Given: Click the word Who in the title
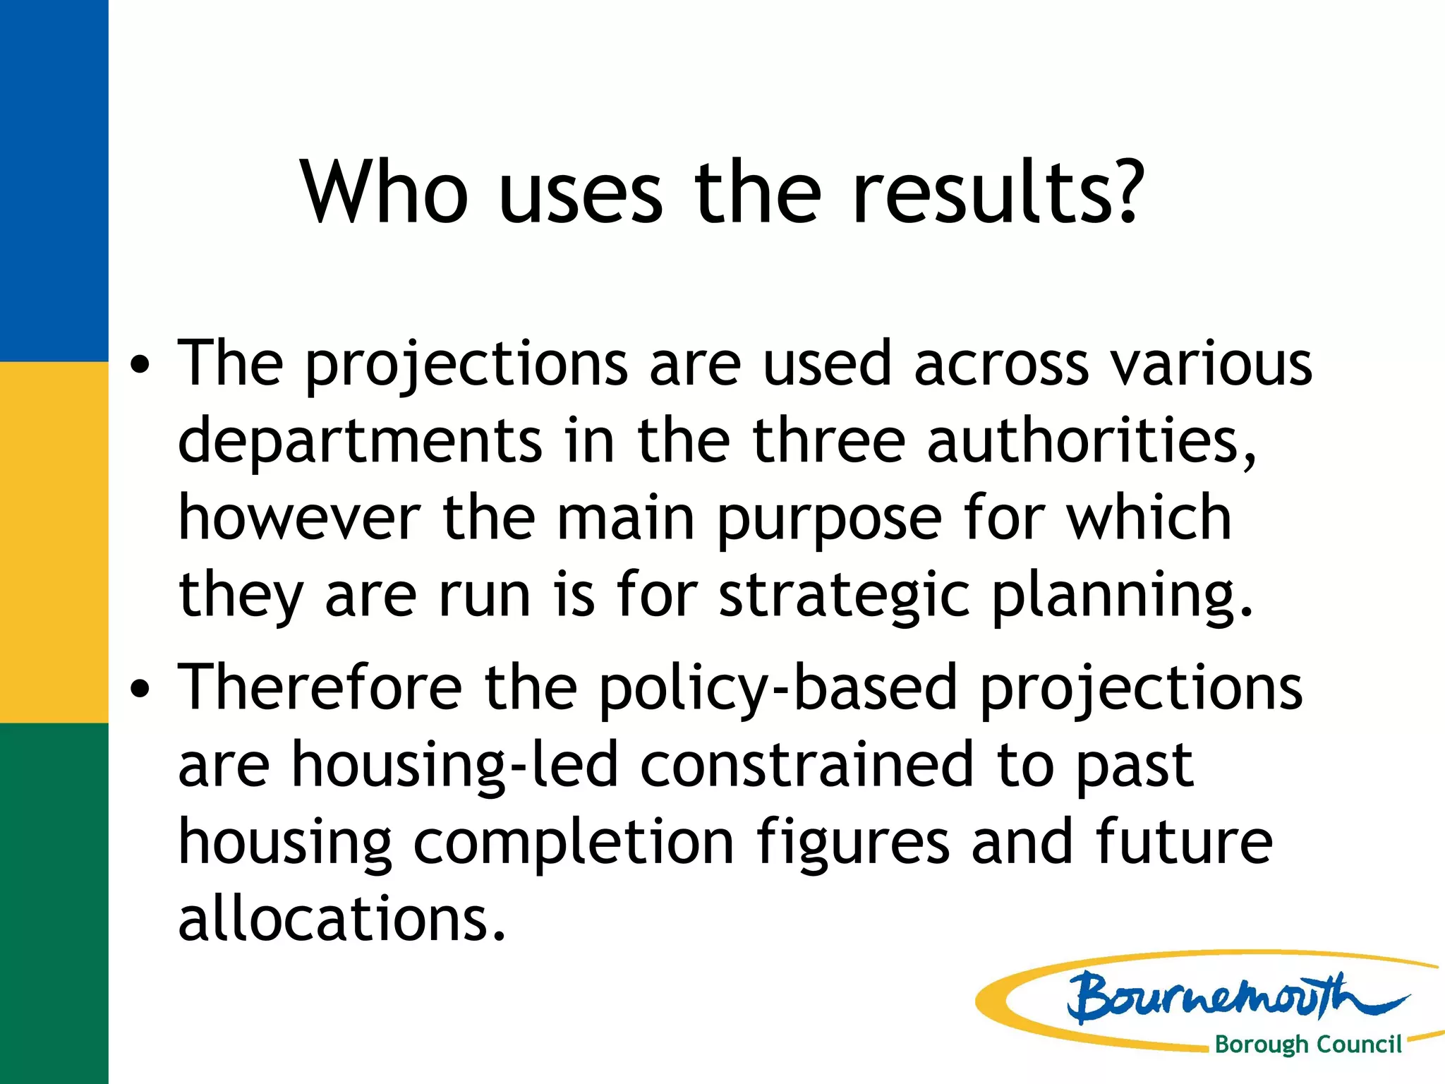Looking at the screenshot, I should (385, 192).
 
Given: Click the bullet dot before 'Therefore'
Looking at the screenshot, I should (140, 689).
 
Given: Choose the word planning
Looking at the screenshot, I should (1122, 597).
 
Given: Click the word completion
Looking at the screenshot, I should (573, 844).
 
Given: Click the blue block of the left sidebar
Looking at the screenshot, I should (54, 181).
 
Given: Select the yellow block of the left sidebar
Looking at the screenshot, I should (54, 542).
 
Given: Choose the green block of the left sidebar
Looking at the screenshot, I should (54, 903).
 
